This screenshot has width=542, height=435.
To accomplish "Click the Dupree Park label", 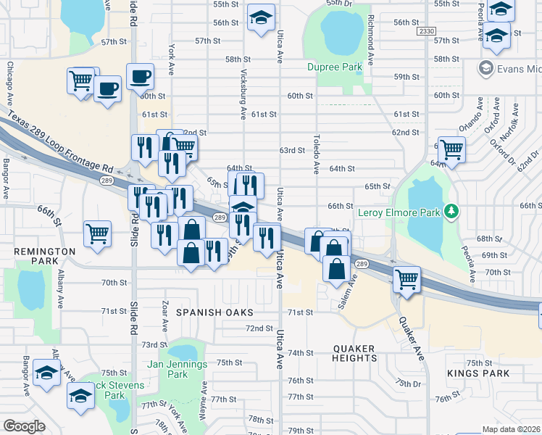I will pos(334,67).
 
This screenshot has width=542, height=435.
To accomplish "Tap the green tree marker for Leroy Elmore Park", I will pos(453,211).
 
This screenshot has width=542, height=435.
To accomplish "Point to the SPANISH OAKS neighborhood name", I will pos(214,312).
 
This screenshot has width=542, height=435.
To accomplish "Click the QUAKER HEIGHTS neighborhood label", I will pos(355,353).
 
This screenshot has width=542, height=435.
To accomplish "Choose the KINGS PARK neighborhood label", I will pos(478,373).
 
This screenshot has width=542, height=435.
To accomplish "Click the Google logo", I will pos(25,426).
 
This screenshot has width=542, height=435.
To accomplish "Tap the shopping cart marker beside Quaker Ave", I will pos(406,278).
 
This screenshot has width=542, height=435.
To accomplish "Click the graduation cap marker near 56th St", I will pos(261,17).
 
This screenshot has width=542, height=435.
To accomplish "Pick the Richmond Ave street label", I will pos(370,38).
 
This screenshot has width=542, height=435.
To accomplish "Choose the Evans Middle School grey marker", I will pos(485,69).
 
